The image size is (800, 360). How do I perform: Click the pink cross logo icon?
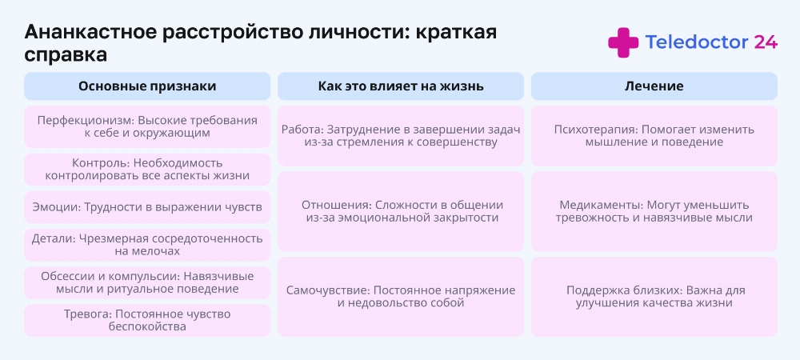click(623, 42)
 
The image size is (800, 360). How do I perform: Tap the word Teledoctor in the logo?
click(697, 42)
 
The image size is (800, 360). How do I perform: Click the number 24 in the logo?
click(766, 42)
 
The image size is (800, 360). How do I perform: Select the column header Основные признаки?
click(147, 86)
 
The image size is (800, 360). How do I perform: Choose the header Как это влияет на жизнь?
click(401, 86)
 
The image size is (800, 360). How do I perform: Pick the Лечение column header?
click(654, 86)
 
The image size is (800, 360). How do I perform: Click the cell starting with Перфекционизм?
click(147, 127)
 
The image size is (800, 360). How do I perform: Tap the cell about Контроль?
click(147, 170)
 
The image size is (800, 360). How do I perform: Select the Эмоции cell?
click(147, 207)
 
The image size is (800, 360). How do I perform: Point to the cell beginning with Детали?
click(147, 245)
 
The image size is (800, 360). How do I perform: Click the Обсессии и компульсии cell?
click(147, 282)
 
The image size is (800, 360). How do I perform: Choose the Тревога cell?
click(147, 320)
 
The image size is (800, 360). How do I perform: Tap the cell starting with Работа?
click(401, 136)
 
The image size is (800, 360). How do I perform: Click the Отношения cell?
click(401, 212)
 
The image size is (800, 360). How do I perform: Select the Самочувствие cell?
click(401, 297)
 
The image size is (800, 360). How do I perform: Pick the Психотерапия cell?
click(654, 136)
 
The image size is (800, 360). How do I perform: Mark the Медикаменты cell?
click(654, 212)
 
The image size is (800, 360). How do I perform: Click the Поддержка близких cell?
click(654, 297)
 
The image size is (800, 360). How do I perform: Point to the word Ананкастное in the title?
click(90, 33)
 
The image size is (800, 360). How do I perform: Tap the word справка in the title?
click(66, 55)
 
